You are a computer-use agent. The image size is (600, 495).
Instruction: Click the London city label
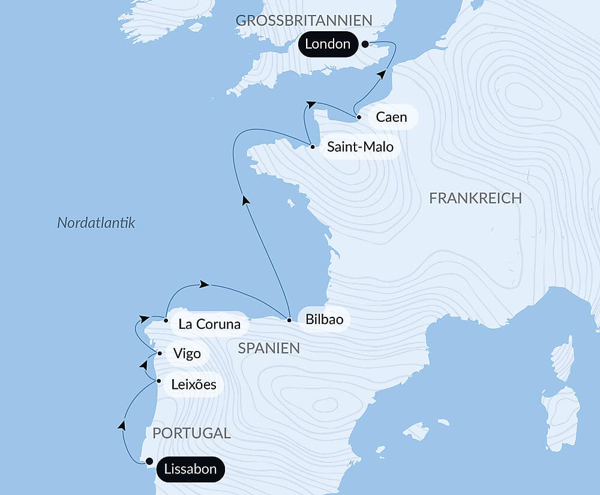pyautogui.click(x=328, y=44)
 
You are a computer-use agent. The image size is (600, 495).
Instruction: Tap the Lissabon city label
pyautogui.click(x=190, y=469)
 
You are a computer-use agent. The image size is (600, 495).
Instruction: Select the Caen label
pyautogui.click(x=391, y=117)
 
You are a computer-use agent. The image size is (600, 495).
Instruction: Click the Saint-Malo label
pyautogui.click(x=360, y=146)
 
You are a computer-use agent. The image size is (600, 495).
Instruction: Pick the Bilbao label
pyautogui.click(x=324, y=319)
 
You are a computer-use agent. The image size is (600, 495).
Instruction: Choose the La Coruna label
pyautogui.click(x=209, y=325)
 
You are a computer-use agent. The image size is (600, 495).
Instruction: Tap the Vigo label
pyautogui.click(x=187, y=353)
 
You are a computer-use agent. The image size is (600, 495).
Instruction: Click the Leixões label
pyautogui.click(x=193, y=384)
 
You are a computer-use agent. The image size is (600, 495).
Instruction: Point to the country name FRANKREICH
pyautogui.click(x=475, y=199)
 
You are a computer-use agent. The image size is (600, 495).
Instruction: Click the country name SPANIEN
pyautogui.click(x=269, y=348)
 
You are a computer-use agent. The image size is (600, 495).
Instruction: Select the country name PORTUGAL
pyautogui.click(x=191, y=433)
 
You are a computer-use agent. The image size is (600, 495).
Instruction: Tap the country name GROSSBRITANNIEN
pyautogui.click(x=304, y=20)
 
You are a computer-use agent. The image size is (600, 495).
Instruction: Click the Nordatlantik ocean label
pyautogui.click(x=96, y=223)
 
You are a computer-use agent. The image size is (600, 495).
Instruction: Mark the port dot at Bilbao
pyautogui.click(x=289, y=320)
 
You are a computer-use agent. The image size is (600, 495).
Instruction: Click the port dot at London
pyautogui.click(x=365, y=44)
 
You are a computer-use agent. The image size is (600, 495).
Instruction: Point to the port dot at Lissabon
pyautogui.click(x=149, y=461)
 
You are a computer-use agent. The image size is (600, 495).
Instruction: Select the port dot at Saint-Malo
pyautogui.click(x=313, y=146)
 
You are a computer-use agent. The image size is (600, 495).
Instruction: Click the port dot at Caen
pyautogui.click(x=359, y=117)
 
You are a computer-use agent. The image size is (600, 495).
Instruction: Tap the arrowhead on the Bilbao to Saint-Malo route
pyautogui.click(x=245, y=201)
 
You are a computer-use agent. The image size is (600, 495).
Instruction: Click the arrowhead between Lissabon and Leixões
pyautogui.click(x=122, y=425)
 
